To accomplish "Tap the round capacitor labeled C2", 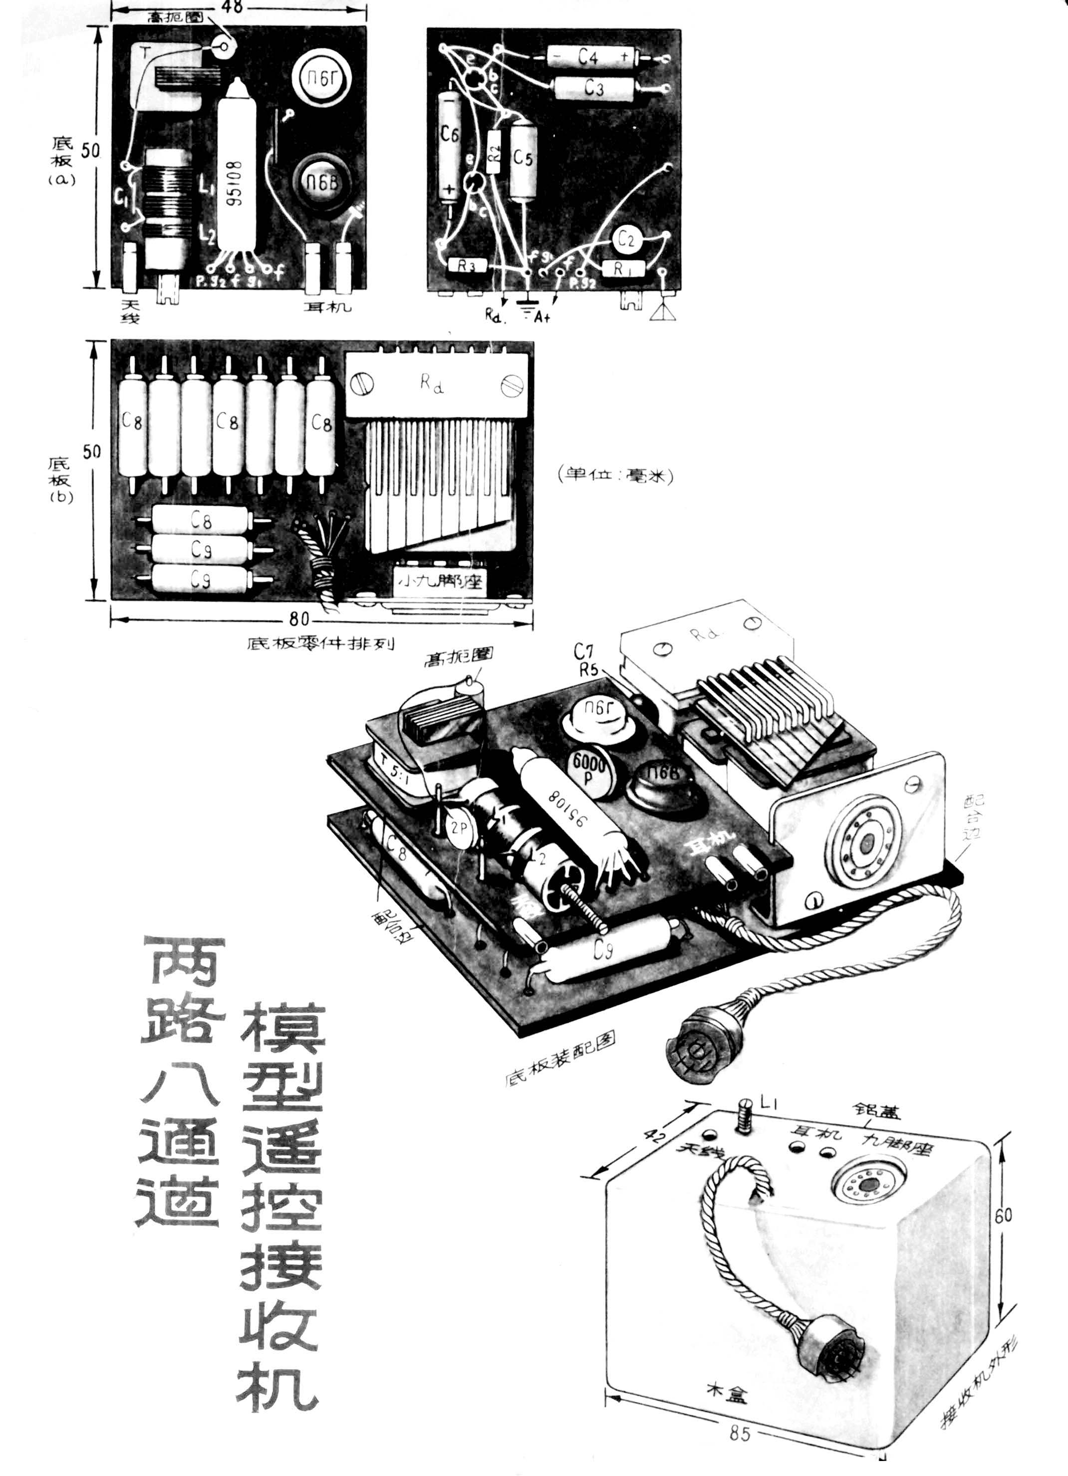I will [x=626, y=240].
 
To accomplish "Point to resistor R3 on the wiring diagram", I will [x=466, y=265].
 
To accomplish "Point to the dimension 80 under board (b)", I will [x=299, y=617].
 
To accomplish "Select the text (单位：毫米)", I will [x=615, y=476].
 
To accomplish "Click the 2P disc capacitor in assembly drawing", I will [x=460, y=829].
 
